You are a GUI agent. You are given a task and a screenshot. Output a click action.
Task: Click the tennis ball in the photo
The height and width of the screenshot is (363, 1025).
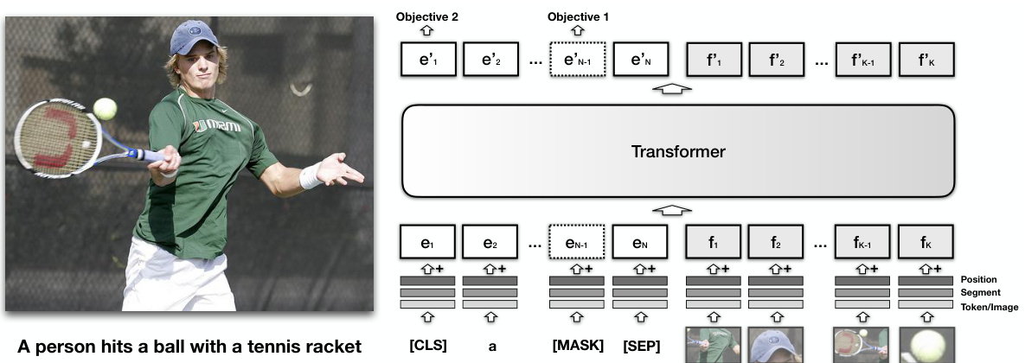(x=106, y=108)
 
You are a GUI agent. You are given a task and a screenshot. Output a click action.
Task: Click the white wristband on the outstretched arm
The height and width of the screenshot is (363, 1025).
(x=310, y=176)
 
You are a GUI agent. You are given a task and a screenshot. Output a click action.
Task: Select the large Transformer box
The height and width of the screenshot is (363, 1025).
(x=677, y=152)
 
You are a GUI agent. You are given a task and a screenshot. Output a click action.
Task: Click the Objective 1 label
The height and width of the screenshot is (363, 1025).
(x=579, y=16)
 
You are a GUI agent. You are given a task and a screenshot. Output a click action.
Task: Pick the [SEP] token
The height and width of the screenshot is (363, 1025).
(x=641, y=347)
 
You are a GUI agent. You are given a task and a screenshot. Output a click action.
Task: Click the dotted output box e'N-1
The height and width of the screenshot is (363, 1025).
(x=579, y=61)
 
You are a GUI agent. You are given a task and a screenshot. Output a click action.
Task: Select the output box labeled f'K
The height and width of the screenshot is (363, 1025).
(x=926, y=61)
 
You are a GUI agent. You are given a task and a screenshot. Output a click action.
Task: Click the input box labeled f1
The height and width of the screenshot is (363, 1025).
(x=714, y=243)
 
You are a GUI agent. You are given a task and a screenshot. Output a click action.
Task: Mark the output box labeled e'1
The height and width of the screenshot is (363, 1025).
(x=427, y=61)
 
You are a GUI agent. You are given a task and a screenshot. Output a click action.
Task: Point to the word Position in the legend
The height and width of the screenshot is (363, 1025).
(x=978, y=280)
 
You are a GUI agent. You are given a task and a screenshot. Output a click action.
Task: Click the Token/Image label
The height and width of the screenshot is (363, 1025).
(x=989, y=307)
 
